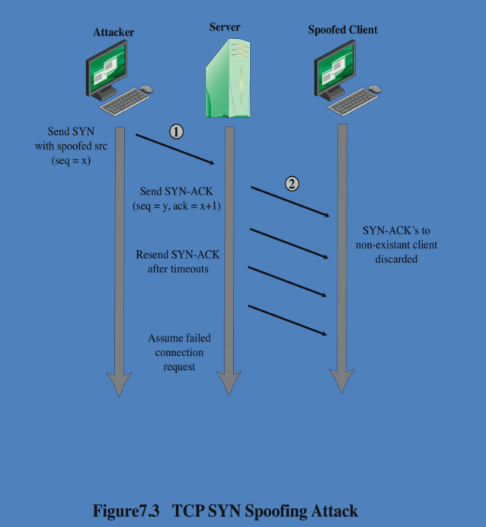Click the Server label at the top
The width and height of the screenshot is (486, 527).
[225, 27]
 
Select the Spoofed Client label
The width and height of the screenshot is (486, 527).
[342, 31]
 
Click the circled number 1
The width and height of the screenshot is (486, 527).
[176, 132]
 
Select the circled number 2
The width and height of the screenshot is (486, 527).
[292, 183]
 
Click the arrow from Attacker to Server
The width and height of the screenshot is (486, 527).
[176, 149]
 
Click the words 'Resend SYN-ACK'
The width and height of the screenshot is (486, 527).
[183, 255]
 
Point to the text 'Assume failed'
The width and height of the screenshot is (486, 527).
[179, 338]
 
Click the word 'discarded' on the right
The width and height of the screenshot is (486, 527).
[396, 259]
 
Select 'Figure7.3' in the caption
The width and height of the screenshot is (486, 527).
[126, 510]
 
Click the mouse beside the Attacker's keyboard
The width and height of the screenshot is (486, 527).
[147, 89]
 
